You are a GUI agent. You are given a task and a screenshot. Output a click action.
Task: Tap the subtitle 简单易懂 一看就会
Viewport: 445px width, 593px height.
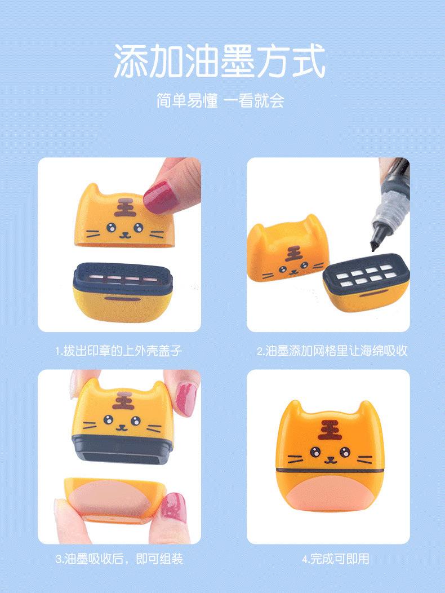point(220,101)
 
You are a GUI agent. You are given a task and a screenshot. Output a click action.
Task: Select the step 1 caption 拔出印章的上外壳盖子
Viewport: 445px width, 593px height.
point(119,351)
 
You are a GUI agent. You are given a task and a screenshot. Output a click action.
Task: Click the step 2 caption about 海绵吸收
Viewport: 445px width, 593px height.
point(332,351)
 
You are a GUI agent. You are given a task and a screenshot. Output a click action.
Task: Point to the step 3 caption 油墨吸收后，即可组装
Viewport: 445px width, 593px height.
point(119,560)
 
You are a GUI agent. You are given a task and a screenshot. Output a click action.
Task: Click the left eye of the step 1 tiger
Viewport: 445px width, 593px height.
point(109,228)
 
